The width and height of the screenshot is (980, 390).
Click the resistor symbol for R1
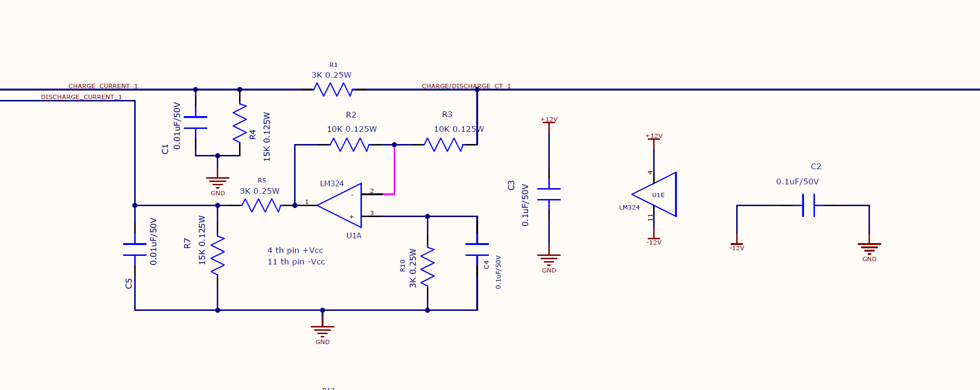[333, 89]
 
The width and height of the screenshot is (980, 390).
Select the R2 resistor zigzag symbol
[350, 145]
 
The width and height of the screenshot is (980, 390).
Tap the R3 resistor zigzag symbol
[443, 145]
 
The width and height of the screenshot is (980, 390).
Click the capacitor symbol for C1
[195, 122]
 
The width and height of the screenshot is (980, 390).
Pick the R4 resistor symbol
[240, 123]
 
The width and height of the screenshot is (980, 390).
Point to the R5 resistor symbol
[261, 205]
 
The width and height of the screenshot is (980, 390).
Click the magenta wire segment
[394, 171]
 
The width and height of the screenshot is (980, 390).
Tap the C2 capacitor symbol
[808, 205]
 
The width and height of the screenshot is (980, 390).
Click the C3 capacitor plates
[549, 194]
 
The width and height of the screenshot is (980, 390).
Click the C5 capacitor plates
[135, 250]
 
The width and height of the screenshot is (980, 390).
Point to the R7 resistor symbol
[217, 256]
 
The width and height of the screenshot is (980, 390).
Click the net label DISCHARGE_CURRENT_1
[81, 97]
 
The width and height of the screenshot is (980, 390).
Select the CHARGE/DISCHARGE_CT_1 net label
[466, 86]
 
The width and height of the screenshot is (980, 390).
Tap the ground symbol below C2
[869, 248]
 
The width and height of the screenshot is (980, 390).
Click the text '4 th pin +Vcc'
[295, 250]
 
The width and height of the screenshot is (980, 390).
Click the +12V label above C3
[549, 119]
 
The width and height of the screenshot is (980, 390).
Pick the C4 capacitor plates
[477, 250]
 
